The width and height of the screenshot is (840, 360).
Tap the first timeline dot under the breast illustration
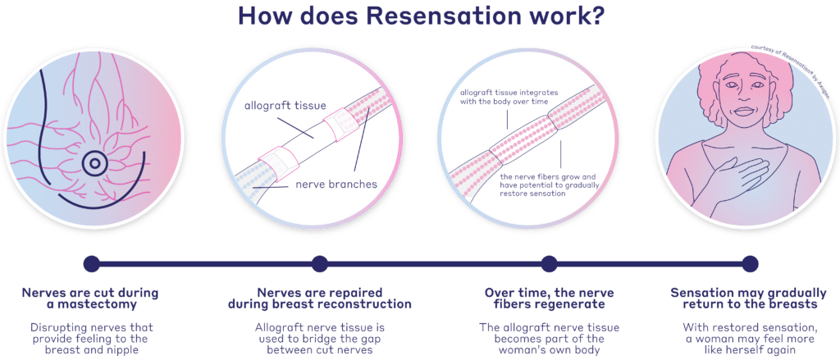coord(92,264)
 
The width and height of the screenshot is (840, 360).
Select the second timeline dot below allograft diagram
coord(319,264)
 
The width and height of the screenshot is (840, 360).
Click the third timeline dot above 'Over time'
coord(546,264)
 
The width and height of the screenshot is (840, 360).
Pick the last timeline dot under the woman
coord(750,264)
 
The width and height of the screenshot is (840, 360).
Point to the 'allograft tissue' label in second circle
coord(277,107)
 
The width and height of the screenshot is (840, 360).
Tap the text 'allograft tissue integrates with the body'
coord(509,99)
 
